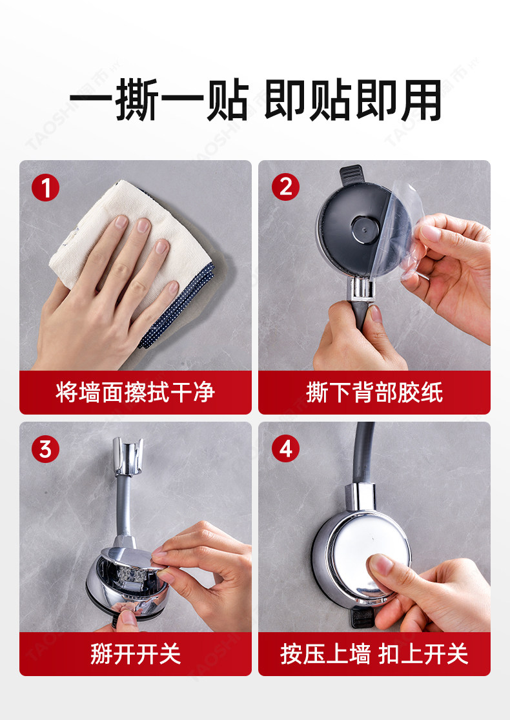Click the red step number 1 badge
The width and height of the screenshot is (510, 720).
click(x=45, y=187)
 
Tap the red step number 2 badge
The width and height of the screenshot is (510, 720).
click(x=285, y=187)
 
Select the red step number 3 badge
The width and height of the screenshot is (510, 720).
click(x=45, y=449)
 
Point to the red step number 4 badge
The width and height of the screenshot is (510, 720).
click(x=285, y=449)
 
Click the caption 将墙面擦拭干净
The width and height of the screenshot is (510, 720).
click(x=136, y=393)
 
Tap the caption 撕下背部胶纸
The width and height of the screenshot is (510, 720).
click(x=374, y=393)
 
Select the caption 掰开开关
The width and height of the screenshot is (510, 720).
click(x=136, y=654)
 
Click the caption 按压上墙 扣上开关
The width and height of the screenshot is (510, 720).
click(x=374, y=654)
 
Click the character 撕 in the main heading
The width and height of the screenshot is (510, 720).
click(x=137, y=99)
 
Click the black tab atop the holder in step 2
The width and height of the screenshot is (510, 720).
click(x=351, y=174)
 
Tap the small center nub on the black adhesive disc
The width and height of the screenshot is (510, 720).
click(x=365, y=228)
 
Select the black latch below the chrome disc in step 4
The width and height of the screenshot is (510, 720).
click(x=363, y=618)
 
